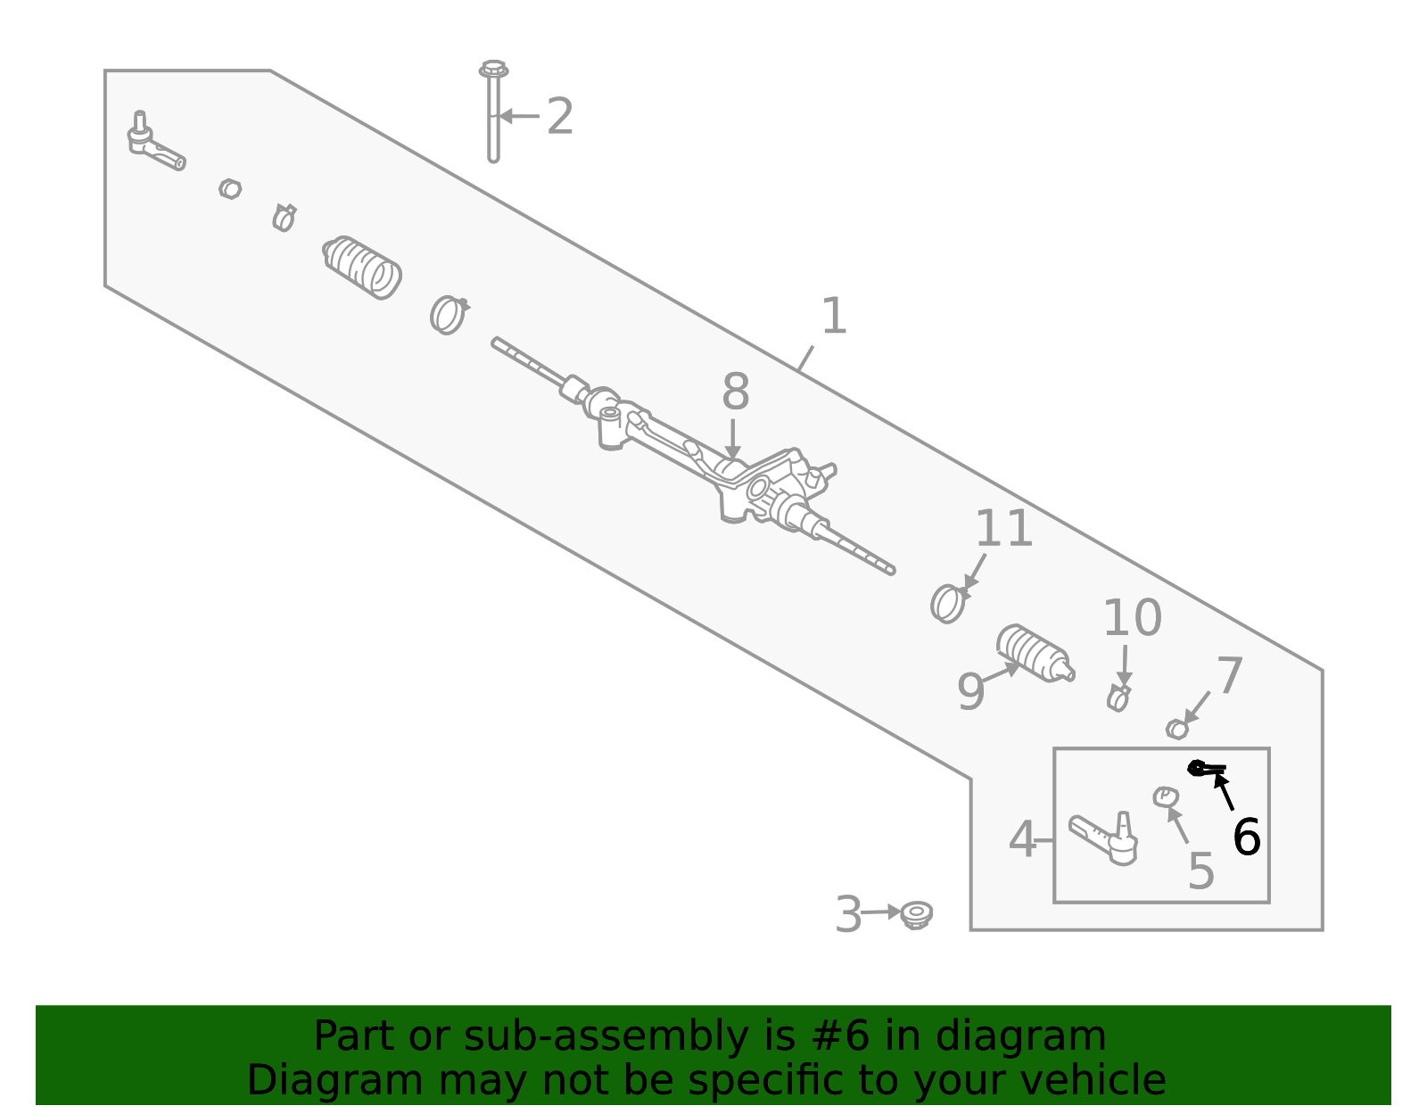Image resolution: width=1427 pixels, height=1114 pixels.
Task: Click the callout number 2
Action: (559, 117)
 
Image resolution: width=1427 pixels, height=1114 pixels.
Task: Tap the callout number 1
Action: (833, 318)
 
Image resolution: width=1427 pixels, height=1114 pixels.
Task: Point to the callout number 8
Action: (735, 392)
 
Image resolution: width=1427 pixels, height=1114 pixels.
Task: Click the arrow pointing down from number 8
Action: (732, 439)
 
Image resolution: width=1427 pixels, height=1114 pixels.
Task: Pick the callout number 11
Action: (1003, 530)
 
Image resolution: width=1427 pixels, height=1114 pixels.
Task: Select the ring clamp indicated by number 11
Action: (947, 604)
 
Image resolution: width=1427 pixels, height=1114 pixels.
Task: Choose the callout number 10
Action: (1132, 618)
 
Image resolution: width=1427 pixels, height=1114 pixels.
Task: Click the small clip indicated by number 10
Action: (1118, 697)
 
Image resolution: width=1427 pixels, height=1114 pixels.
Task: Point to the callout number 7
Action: (1229, 676)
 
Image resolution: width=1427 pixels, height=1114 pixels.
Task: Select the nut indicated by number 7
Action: (1177, 730)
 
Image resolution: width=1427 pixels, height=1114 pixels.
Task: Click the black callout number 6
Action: (1246, 838)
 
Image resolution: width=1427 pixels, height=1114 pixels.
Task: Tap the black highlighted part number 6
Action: (1205, 768)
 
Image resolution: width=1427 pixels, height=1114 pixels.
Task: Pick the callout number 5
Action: (1200, 871)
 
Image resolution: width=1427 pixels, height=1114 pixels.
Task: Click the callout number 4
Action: (1022, 840)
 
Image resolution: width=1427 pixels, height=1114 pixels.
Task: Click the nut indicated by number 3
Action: (916, 914)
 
